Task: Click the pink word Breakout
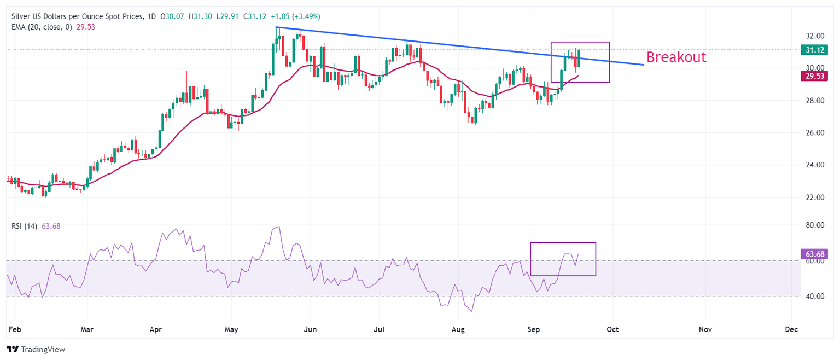click(x=676, y=57)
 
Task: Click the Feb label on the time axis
click(x=15, y=330)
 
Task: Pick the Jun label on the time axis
click(x=310, y=330)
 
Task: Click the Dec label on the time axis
click(x=791, y=330)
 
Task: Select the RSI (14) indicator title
click(x=24, y=226)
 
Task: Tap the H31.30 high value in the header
click(x=200, y=17)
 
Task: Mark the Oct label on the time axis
click(x=613, y=330)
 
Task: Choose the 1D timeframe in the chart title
click(x=151, y=17)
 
